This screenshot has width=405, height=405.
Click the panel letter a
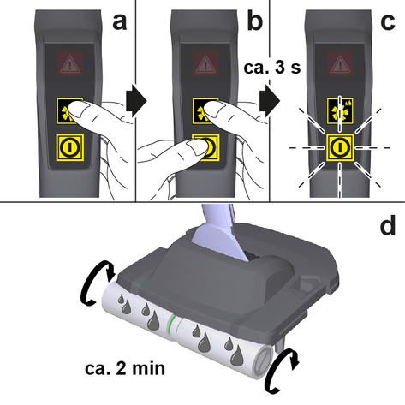120,21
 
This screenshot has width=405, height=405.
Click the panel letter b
254,20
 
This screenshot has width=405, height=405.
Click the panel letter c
388,22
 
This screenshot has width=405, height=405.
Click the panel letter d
388,224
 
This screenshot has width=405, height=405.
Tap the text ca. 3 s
272,68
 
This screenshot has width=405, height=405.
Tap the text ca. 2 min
125,368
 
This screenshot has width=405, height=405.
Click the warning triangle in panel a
70,63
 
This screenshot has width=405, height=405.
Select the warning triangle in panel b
205,63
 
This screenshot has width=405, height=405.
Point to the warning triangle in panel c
340,63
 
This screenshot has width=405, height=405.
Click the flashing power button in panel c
340,147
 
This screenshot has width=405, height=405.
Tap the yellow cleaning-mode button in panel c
340,111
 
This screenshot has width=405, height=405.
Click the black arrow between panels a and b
136,100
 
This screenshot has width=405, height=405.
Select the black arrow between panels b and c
270,100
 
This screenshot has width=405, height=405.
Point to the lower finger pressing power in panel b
197,146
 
